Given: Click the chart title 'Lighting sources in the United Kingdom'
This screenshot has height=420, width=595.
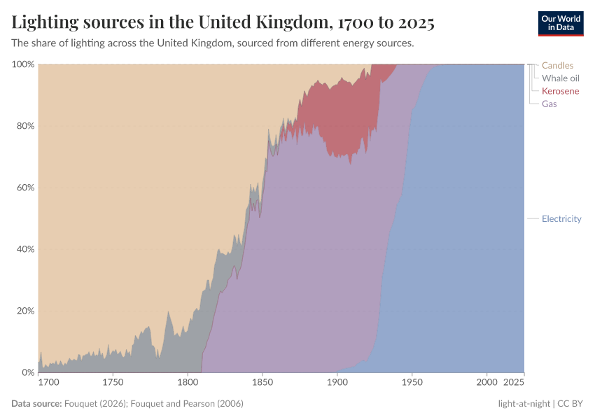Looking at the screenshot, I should coord(223,22).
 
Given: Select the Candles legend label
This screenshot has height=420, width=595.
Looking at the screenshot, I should coord(557,66).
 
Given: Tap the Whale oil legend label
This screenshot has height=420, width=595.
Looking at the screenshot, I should coord(560,78).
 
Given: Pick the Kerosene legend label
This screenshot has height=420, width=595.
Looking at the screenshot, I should coord(560,91).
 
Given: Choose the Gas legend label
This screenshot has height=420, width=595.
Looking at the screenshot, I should coord(549,104).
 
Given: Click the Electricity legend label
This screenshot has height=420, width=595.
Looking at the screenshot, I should coord(561,218).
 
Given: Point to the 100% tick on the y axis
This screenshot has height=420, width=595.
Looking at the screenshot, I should coord(23,64).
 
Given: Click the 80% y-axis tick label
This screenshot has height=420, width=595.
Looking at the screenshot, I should coord(25,126).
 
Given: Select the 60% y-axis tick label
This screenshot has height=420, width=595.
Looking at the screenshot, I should coord(25,188).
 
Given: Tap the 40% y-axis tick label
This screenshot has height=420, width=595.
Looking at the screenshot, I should coord(25,249).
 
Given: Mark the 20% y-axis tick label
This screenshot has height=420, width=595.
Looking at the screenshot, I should coord(25,311).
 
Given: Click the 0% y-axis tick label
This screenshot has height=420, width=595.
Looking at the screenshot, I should coord(28,372).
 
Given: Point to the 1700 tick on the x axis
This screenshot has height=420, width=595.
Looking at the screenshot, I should coord(49,383).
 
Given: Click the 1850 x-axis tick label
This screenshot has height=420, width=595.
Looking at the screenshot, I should coord(262,383).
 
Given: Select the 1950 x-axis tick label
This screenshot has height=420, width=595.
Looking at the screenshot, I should coord(412,383).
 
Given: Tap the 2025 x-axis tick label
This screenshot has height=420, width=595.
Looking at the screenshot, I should coord(513,383).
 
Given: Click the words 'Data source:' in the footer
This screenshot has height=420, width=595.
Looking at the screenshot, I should coord(36,404).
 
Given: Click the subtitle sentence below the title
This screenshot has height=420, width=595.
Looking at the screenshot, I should coord(213,43).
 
